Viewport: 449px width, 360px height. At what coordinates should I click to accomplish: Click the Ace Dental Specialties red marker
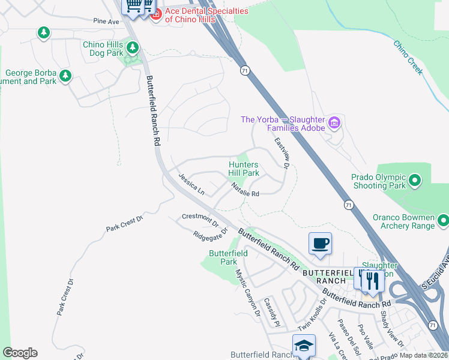(155, 14)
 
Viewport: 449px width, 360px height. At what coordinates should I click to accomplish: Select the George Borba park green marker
(65, 77)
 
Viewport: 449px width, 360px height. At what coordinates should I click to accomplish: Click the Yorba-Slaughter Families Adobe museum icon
(335, 124)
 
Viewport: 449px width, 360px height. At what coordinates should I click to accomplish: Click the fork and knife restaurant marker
(373, 280)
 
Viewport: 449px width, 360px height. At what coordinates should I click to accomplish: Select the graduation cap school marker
(304, 346)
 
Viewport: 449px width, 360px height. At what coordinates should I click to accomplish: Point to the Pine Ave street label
(106, 21)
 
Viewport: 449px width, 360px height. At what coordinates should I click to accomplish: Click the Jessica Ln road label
(191, 184)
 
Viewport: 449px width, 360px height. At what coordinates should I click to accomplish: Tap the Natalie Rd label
(246, 190)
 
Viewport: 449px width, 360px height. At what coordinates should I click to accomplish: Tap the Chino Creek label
(408, 57)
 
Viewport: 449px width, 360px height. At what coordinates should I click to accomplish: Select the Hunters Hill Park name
(244, 169)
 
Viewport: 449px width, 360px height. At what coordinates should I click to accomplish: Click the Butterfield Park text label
(228, 257)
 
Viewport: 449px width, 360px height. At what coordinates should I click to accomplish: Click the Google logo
(20, 353)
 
